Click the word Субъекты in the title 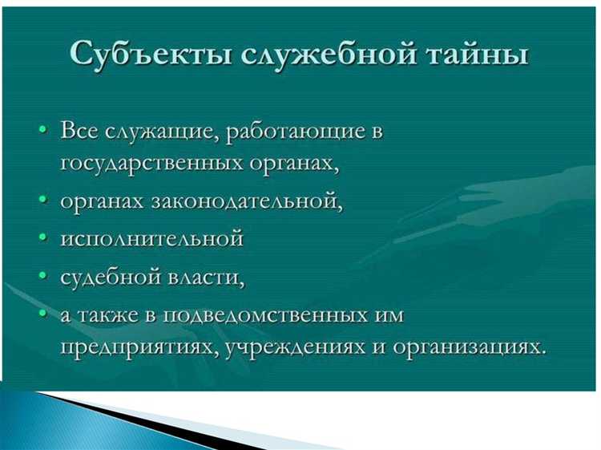(x=144, y=54)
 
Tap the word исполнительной (x=151, y=239)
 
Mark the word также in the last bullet (x=116, y=314)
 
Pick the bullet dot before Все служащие (x=41, y=131)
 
